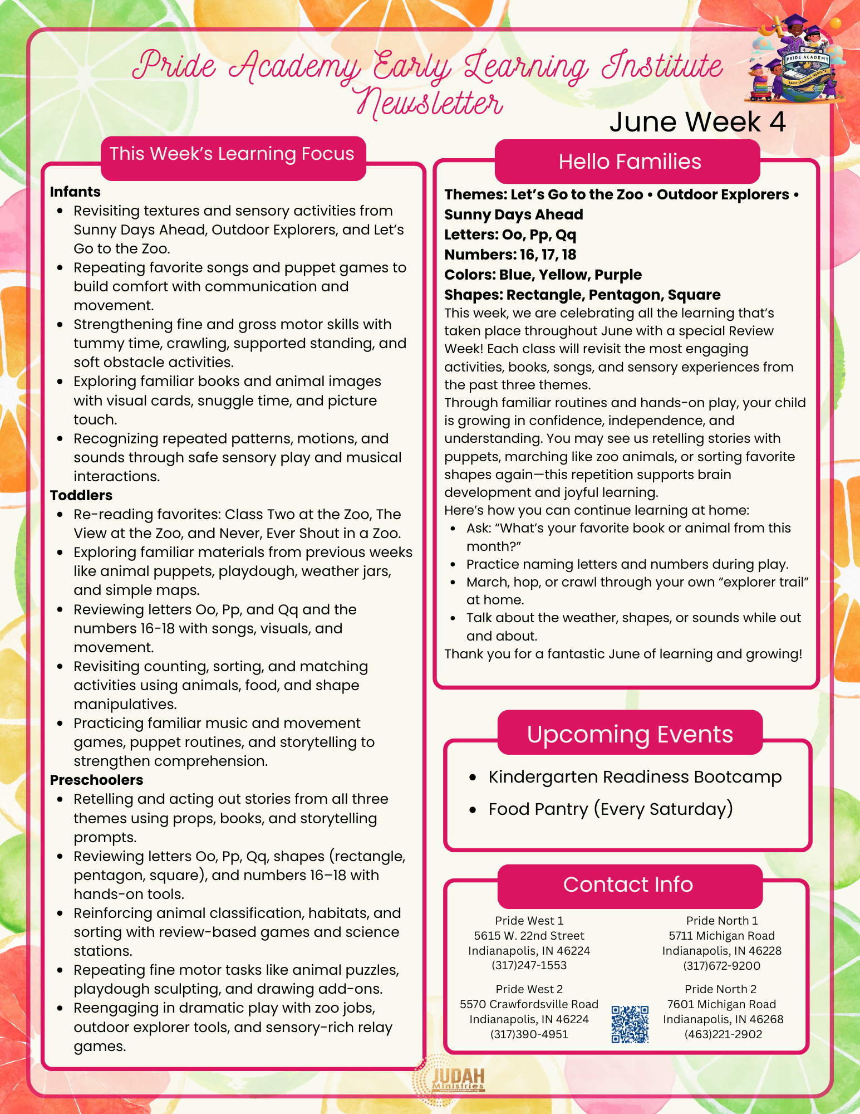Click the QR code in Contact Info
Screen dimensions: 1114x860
point(630,1024)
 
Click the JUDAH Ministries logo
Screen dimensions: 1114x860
point(449,1081)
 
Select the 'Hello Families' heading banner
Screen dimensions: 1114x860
point(629,162)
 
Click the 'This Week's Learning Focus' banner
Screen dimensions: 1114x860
point(232,154)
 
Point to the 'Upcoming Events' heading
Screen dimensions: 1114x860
point(630,734)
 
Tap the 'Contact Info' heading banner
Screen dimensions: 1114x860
point(628,885)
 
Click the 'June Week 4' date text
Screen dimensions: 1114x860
point(697,122)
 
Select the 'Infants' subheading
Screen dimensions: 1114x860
point(75,192)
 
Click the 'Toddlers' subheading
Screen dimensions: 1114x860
point(81,495)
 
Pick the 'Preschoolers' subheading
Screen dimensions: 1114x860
point(96,780)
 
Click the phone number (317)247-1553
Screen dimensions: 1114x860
point(529,965)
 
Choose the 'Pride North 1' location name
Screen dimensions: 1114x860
point(722,921)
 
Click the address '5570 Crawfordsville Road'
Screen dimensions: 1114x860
point(529,1004)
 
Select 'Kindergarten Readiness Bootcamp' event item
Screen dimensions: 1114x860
point(635,777)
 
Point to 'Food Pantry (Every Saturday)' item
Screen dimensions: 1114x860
point(610,809)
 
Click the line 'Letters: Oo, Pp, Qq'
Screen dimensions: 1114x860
point(510,234)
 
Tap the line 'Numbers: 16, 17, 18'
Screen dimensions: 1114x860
point(510,255)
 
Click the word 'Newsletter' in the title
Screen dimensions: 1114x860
point(430,104)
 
